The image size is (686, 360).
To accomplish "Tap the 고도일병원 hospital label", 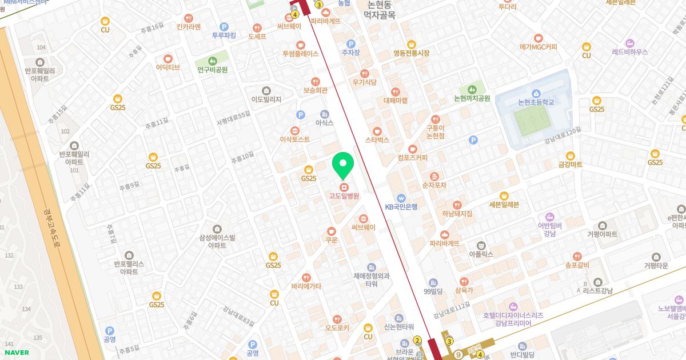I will [344, 196].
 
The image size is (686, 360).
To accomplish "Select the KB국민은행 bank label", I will [401, 206].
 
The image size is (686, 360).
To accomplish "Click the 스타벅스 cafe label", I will [377, 139].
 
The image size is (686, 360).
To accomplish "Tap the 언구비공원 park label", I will [213, 69].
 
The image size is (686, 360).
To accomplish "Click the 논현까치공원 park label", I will [472, 98].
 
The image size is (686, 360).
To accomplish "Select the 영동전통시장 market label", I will [410, 53].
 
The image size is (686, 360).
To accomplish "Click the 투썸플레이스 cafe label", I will [300, 53].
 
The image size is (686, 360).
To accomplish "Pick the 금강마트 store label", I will [570, 164].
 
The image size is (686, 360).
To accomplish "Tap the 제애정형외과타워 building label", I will [371, 279].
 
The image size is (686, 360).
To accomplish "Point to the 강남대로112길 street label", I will [451, 311].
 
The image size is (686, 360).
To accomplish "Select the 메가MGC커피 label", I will [538, 47].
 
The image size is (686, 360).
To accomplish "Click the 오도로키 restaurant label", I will [337, 327].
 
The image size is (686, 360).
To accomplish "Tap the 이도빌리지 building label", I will [266, 99].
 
